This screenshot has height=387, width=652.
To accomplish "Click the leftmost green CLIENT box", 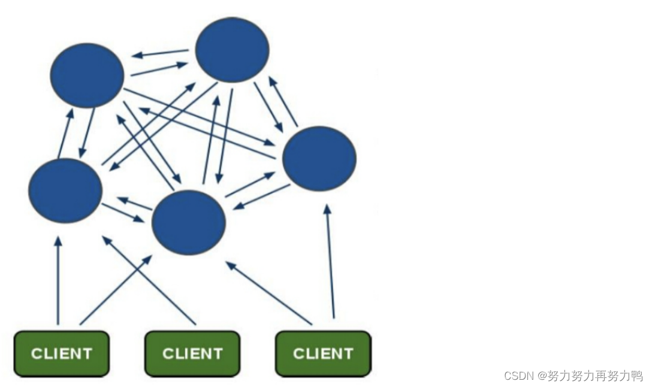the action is pos(61,353).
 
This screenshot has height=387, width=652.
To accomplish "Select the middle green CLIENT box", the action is pos(192,353).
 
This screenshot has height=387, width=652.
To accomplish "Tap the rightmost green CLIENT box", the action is pos(322,353).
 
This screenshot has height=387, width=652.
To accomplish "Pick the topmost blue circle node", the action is pos(233,50).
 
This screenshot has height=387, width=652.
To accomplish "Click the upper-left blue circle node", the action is pos(87,75).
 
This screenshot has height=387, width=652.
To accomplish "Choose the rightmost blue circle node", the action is pos(319,158).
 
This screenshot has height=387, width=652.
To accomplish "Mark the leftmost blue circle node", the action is pos(65,191).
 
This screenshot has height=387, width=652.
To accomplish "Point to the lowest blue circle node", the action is pos(189,222).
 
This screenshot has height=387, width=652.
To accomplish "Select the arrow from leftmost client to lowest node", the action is pos(116,290).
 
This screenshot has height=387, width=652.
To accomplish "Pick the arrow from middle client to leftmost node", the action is pos(149,280).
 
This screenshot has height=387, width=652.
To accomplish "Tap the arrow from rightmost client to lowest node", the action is pos(269,293).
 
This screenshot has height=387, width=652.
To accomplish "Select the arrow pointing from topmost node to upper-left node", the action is pos(161,53).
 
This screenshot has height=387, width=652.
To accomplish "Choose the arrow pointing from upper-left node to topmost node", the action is pos(159,69).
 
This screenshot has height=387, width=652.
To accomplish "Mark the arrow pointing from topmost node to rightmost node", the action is pos(268,107).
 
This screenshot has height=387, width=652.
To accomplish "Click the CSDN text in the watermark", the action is pos(518,376).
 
